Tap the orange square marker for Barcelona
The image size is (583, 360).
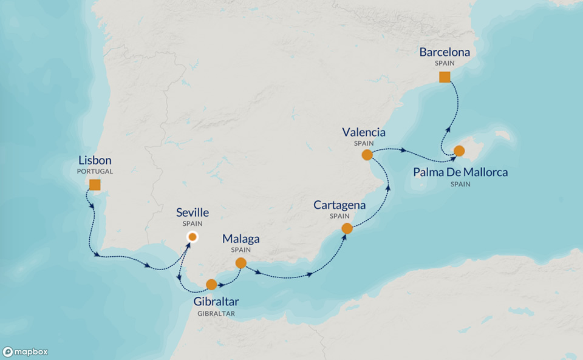click(x=445, y=77)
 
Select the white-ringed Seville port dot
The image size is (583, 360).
click(x=192, y=237)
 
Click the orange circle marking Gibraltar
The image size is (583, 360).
click(x=211, y=284)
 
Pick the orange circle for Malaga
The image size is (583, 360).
click(x=240, y=263)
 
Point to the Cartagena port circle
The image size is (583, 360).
click(x=347, y=229)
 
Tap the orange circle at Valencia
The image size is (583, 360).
click(x=367, y=155)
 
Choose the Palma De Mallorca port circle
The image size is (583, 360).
click(x=459, y=151)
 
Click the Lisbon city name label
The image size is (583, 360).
click(x=95, y=161)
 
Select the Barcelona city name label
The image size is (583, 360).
click(x=445, y=53)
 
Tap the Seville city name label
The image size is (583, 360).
click(x=192, y=212)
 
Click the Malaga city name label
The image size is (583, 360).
click(x=240, y=238)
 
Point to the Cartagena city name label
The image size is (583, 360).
click(x=339, y=205)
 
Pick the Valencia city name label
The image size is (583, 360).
click(x=364, y=132)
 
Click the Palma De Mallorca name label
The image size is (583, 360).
click(x=460, y=172)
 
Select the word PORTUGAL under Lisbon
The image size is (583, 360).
click(x=95, y=172)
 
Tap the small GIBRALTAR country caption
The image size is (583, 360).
click(x=216, y=313)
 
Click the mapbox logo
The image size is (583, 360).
click(x=26, y=352)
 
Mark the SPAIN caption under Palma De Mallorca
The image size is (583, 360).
click(x=460, y=184)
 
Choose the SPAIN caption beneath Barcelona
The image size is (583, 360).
click(x=445, y=63)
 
